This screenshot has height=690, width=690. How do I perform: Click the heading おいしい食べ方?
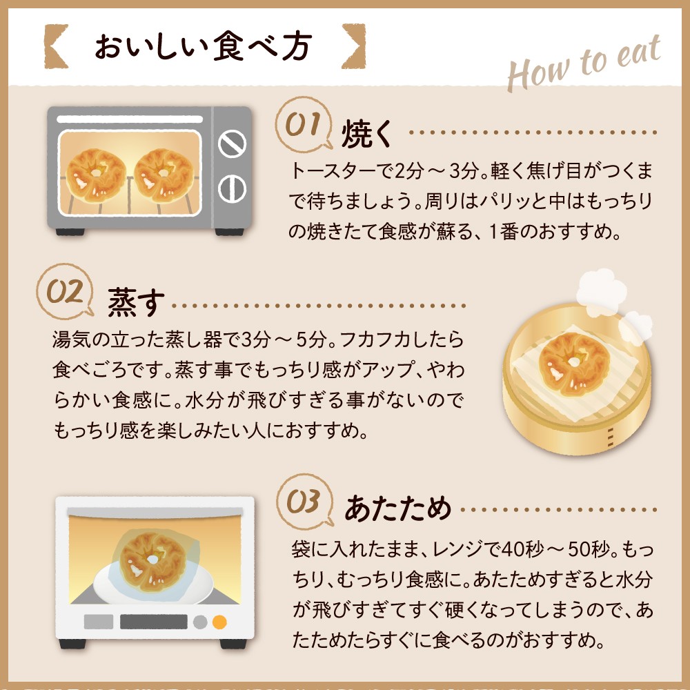click(x=204, y=47)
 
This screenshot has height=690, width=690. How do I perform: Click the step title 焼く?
click(x=368, y=134)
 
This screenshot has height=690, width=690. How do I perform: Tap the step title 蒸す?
click(x=136, y=302)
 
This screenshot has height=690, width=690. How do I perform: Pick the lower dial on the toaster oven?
click(x=232, y=187)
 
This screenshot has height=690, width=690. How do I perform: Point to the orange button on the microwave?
click(x=219, y=622)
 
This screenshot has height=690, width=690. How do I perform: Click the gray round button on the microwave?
click(x=200, y=622)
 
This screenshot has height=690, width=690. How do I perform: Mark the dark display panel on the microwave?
click(x=154, y=622)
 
